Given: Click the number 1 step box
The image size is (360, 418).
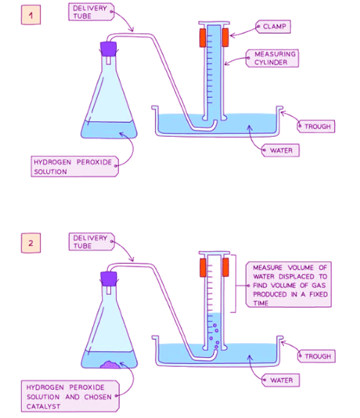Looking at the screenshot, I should pos(31,15).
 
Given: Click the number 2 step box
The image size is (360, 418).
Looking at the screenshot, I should pos(31,242).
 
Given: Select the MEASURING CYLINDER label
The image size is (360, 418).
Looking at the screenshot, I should pos(275,58).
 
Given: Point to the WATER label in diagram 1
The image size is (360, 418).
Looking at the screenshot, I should pos(281,150).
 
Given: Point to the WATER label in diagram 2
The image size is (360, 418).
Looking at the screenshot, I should pos(281,380).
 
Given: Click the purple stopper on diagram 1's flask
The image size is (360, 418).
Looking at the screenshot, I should pos(108,48).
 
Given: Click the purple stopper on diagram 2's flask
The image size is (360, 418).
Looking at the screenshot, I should pos(108,277).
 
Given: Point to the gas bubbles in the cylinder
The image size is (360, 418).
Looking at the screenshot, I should pos(216,336).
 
